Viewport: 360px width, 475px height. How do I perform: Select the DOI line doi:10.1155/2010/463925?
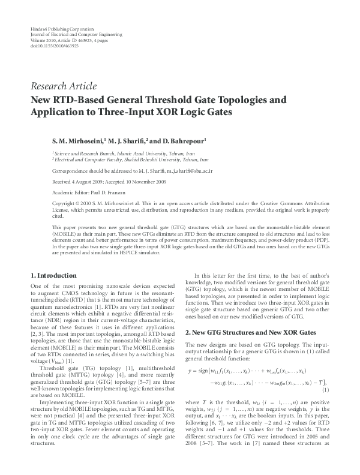[x=53, y=46]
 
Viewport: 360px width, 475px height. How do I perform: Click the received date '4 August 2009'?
[x=77, y=182]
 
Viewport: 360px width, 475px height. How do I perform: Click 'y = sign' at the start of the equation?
[x=199, y=371]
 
